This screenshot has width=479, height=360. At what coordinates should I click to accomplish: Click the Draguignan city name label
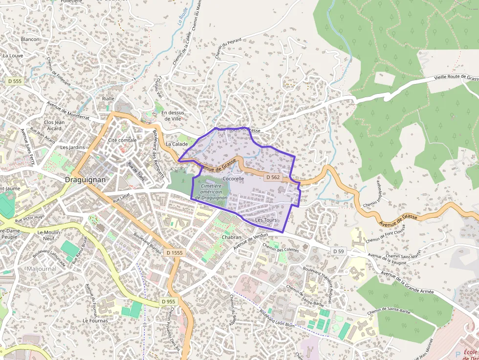pos(85,180)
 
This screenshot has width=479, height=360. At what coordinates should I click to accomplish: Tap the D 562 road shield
pos(273,177)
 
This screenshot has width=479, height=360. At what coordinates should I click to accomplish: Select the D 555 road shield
pos(15,81)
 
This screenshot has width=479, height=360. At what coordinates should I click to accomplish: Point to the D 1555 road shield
pos(174,253)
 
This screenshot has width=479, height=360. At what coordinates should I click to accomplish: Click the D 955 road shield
pos(168,302)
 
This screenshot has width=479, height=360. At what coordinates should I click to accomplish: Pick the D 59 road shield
pos(339,251)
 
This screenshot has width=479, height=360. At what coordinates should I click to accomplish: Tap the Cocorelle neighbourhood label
pos(233,179)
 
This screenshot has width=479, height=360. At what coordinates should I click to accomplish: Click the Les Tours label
pos(266,220)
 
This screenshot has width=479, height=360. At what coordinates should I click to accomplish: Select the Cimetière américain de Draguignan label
pos(211,192)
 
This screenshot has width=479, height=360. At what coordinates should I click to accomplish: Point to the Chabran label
pos(232,237)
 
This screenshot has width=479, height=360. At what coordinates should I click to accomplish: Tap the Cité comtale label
pos(122,140)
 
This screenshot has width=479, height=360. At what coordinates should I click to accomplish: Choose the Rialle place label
pos(108,99)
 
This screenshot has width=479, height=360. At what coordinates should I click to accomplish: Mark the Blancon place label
pos(30,39)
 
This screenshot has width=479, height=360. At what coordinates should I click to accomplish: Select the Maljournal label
pos(42,269)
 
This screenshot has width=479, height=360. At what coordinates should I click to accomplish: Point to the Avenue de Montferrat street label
pos(69,110)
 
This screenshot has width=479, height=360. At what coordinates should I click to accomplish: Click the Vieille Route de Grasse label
pos(453,78)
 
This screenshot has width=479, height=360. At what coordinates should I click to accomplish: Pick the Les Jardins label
pos(72,147)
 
